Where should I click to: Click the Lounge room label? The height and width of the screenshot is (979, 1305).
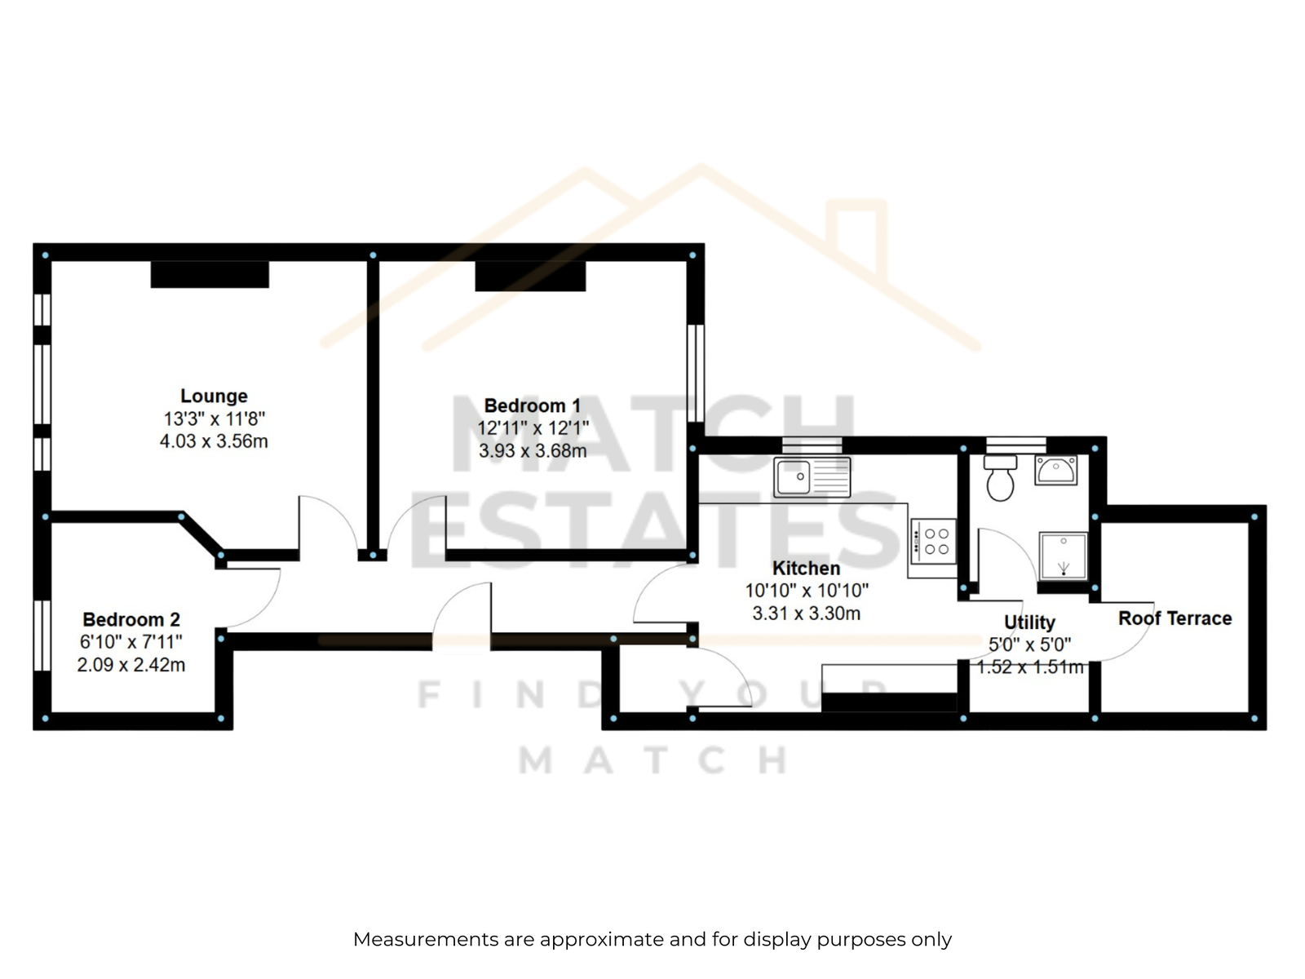[x=214, y=396]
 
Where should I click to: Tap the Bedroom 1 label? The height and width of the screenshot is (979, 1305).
[x=532, y=405]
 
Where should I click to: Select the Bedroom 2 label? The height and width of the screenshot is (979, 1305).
[x=130, y=619]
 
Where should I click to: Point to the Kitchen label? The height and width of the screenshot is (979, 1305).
[x=806, y=569]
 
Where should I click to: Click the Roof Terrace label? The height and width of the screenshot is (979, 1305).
[x=1174, y=618]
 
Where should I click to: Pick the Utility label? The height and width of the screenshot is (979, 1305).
[x=1030, y=622]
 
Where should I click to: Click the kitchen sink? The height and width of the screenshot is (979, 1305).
[x=812, y=476]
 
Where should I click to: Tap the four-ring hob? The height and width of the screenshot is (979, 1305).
[x=933, y=542]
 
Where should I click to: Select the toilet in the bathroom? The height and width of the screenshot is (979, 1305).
[x=1000, y=479]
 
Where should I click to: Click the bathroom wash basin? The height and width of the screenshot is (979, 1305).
[x=1056, y=470]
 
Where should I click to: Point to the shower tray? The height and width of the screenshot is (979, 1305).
[x=1063, y=556]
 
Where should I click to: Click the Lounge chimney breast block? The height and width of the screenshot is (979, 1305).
[x=210, y=275]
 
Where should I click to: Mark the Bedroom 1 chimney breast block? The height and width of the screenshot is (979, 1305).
[x=530, y=277]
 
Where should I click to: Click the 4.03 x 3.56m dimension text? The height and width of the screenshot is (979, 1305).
[x=214, y=441]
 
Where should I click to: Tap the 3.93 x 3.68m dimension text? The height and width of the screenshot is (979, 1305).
[x=532, y=450]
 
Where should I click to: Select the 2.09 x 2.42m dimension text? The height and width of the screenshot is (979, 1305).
[x=130, y=665]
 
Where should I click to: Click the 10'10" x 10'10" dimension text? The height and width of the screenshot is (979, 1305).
[x=806, y=590]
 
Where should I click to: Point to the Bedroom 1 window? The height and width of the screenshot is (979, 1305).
[x=696, y=374]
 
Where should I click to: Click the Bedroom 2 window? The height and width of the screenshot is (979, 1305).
[x=42, y=636]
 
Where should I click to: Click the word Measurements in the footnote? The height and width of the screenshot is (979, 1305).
[x=427, y=939]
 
